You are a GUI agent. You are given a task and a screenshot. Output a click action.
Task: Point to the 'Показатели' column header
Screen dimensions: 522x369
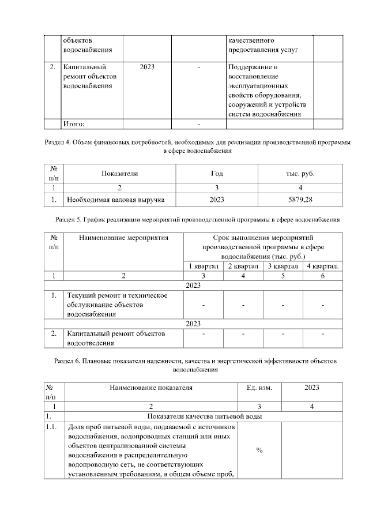click(120, 173)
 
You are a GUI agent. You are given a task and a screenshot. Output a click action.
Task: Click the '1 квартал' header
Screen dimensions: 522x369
click(203, 265)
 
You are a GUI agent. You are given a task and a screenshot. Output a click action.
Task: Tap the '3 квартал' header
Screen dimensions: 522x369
click(283, 265)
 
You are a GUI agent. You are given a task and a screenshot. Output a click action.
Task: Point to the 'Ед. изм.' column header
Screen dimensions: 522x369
click(259, 388)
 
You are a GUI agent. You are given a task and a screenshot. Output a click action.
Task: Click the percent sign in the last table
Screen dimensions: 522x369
click(259, 450)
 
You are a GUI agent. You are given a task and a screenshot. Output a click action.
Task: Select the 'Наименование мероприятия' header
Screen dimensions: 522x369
click(123, 236)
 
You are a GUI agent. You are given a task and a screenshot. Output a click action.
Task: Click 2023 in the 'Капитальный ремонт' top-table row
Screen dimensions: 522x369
click(147, 67)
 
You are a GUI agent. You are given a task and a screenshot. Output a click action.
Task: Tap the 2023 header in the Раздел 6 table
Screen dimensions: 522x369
click(311, 388)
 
